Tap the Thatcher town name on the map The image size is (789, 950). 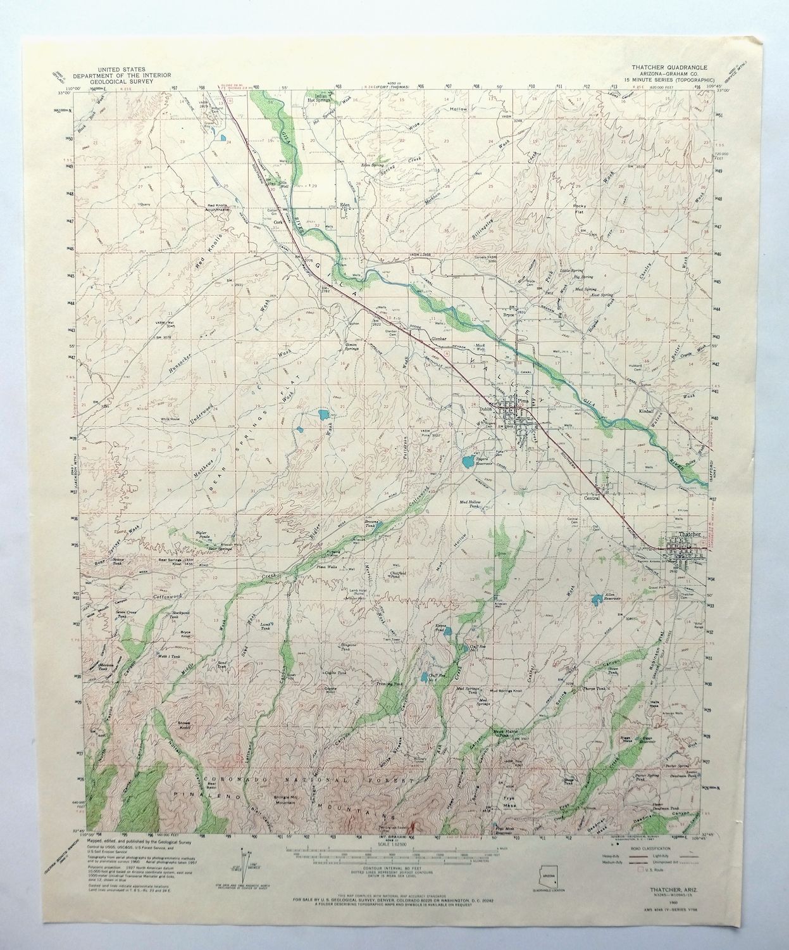pyautogui.click(x=689, y=535)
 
